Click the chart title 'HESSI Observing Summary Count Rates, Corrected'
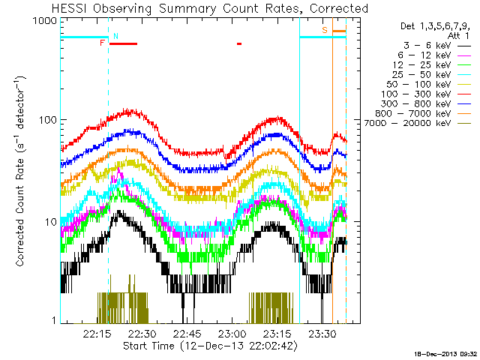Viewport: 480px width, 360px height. click(210, 8)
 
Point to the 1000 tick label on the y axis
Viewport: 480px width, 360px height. click(45, 21)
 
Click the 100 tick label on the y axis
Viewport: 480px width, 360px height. click(48, 120)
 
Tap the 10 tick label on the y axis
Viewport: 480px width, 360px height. click(51, 222)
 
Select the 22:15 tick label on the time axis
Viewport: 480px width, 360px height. click(97, 334)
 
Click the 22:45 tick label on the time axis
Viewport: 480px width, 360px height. click(187, 334)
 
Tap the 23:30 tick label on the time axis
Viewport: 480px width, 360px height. click(322, 334)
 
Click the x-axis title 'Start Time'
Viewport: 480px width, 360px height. click(148, 346)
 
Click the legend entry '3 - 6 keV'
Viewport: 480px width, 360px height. click(427, 46)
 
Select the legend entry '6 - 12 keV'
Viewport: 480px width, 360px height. click(424, 55)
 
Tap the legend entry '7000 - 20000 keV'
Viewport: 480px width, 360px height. click(407, 123)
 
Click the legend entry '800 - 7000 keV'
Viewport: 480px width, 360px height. click(413, 113)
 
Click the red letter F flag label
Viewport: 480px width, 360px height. click(103, 43)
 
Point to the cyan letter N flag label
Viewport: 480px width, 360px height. click(115, 36)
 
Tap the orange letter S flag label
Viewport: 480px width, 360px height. click(325, 30)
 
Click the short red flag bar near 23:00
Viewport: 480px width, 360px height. click(239, 43)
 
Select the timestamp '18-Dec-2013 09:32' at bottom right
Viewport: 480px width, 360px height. click(445, 355)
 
